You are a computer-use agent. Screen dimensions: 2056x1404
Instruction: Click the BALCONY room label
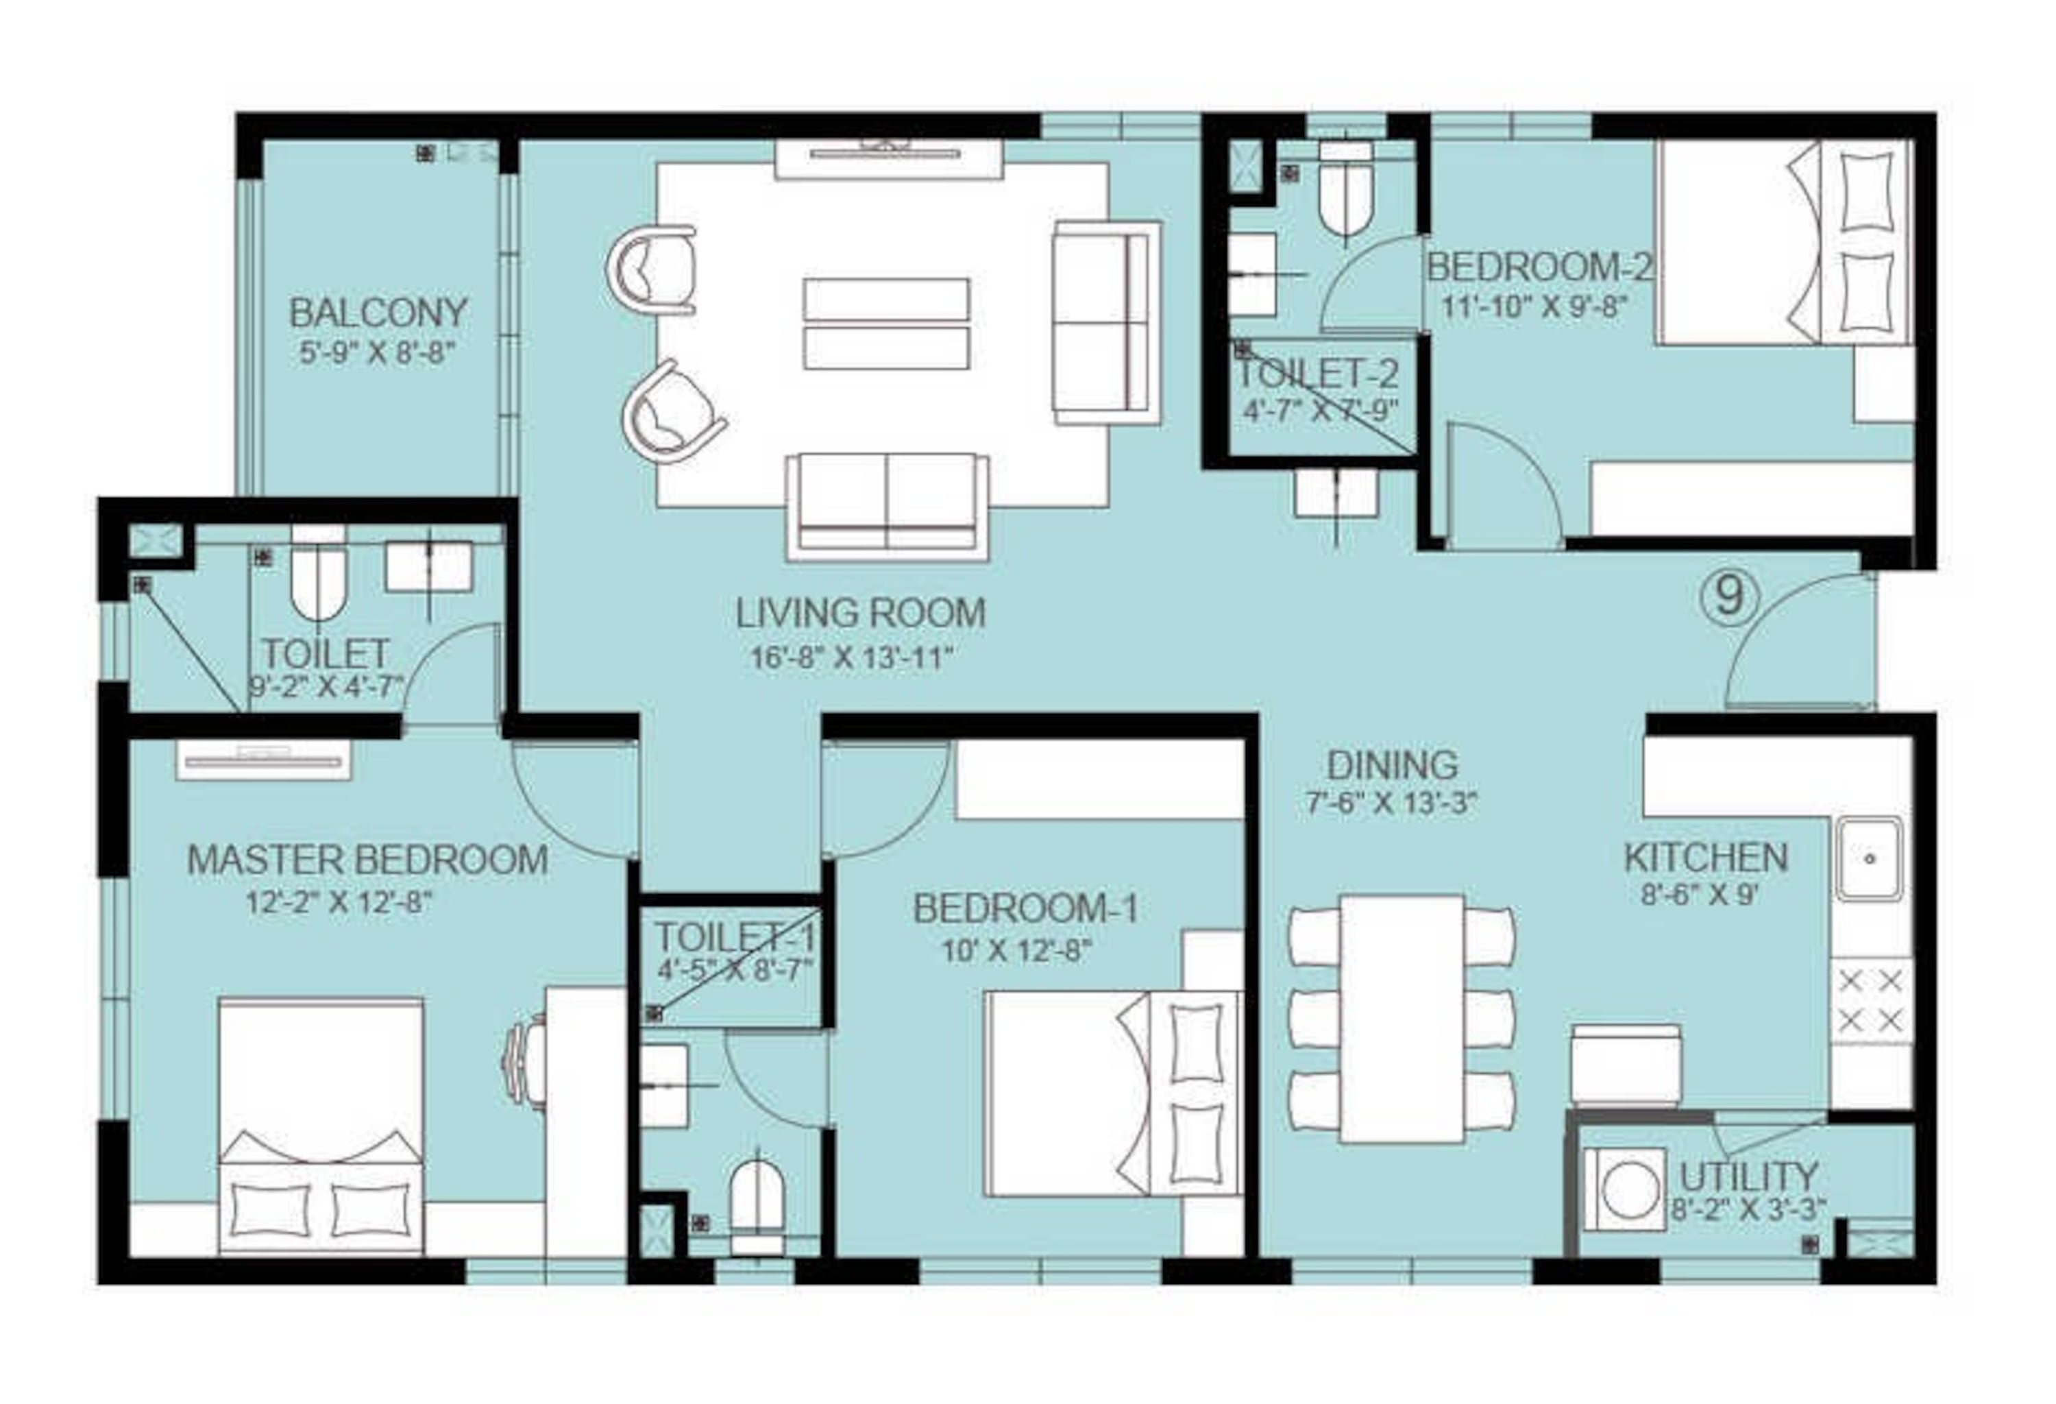(x=378, y=313)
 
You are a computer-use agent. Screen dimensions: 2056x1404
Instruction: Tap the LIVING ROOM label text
(x=861, y=613)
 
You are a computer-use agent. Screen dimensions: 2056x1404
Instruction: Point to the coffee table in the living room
(x=886, y=324)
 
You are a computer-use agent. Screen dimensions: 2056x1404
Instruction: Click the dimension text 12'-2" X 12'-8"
(x=339, y=904)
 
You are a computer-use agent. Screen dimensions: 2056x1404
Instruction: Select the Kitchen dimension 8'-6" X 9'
(x=1698, y=895)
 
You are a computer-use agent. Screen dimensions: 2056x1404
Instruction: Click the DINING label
(x=1393, y=765)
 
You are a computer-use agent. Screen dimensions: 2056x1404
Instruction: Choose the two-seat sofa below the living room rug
(x=888, y=506)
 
